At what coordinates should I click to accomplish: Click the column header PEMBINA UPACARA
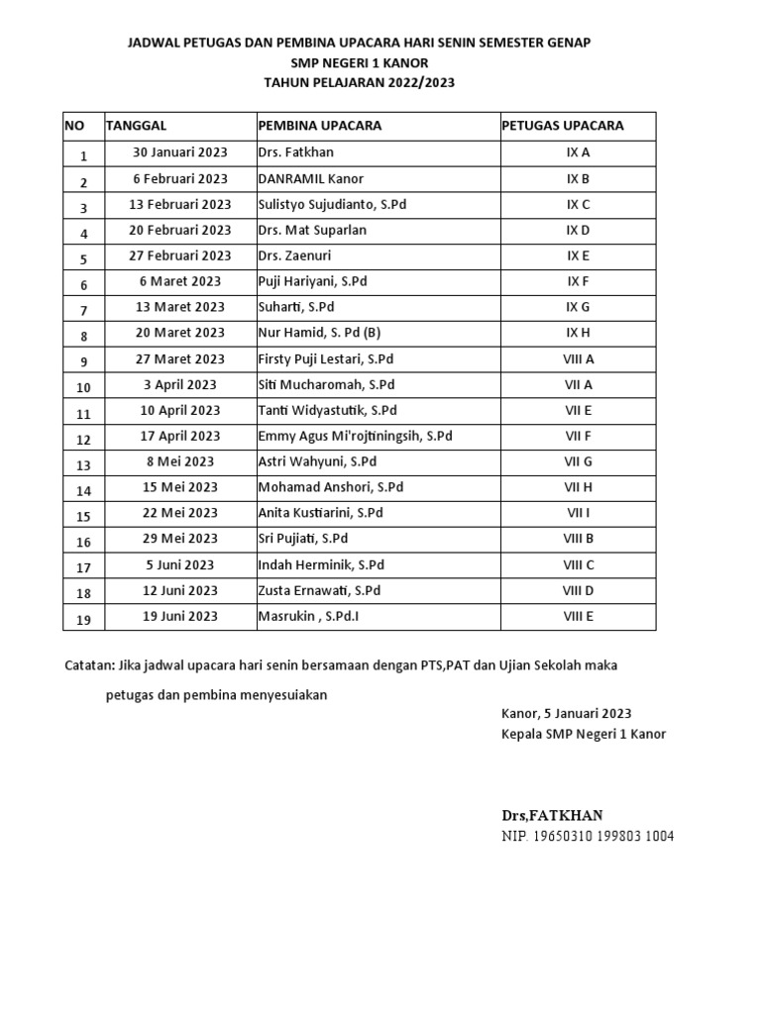(x=319, y=126)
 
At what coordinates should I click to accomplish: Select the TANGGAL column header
(x=136, y=126)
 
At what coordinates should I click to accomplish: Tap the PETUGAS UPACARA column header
(x=562, y=126)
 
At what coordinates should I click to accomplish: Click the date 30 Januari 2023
(x=180, y=152)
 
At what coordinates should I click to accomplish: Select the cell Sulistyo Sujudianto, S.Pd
(x=332, y=204)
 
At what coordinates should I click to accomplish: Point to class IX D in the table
(x=578, y=230)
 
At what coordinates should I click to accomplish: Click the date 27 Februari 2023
(x=180, y=255)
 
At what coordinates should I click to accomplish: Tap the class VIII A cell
(x=578, y=358)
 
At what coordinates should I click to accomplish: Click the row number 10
(x=83, y=387)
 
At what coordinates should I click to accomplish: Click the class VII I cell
(x=578, y=513)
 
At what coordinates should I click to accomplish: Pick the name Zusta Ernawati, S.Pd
(x=319, y=590)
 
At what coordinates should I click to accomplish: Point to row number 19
(x=83, y=619)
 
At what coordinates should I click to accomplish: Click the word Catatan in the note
(x=88, y=665)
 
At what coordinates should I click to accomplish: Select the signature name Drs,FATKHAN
(x=551, y=815)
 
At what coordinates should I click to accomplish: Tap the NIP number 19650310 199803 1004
(x=588, y=837)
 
